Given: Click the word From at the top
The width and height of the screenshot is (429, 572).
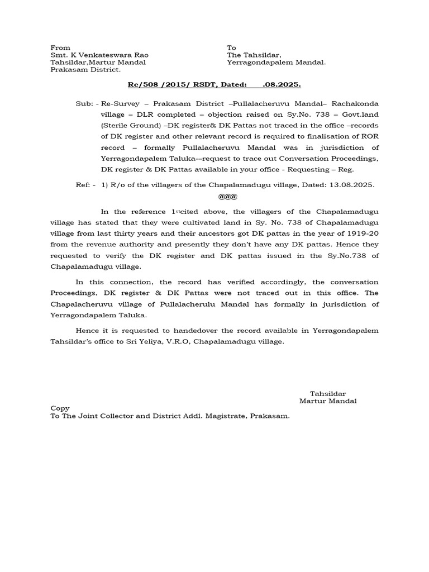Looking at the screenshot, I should pyautogui.click(x=60, y=48).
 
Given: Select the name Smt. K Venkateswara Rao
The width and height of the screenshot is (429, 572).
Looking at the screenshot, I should pyautogui.click(x=99, y=55).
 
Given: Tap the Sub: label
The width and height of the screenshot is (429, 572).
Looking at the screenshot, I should pyautogui.click(x=85, y=104).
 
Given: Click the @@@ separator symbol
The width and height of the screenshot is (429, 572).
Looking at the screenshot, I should pyautogui.click(x=228, y=197).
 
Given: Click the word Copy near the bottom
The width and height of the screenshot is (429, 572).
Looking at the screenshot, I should pyautogui.click(x=60, y=408).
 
